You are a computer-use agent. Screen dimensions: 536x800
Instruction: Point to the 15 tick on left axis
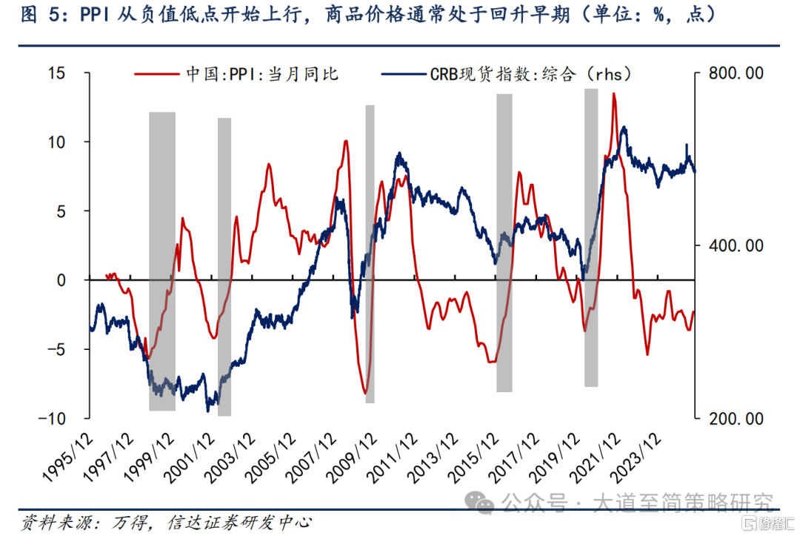(56, 73)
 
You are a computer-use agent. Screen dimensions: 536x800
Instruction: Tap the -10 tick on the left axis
(53, 418)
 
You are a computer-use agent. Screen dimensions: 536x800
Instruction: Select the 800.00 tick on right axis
(736, 73)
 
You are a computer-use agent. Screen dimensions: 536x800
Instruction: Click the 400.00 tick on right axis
(736, 246)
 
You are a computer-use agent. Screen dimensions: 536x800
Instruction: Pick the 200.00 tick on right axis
(736, 419)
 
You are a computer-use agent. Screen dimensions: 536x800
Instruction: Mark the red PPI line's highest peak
(613, 94)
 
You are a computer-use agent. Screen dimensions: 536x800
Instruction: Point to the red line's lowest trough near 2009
(365, 393)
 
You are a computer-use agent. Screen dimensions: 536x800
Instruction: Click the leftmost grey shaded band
(162, 259)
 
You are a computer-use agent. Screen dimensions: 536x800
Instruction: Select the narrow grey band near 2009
(370, 252)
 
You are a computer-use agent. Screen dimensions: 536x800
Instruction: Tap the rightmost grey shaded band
(591, 237)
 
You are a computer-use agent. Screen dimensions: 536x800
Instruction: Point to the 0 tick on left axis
(62, 280)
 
